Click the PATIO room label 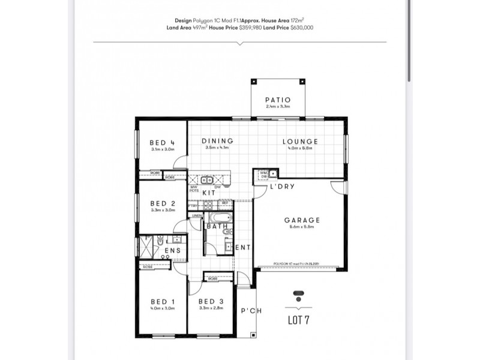pyautogui.click(x=278, y=100)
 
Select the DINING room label pyautogui.click(x=217, y=142)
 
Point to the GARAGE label pyautogui.click(x=302, y=220)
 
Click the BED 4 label pyautogui.click(x=162, y=143)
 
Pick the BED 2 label pyautogui.click(x=162, y=203)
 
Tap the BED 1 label pyautogui.click(x=162, y=301)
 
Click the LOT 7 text pyautogui.click(x=298, y=320)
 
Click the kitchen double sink pyautogui.click(x=208, y=179)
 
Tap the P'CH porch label pyautogui.click(x=248, y=311)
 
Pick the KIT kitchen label pyautogui.click(x=208, y=193)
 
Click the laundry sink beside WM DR pyautogui.click(x=272, y=174)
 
